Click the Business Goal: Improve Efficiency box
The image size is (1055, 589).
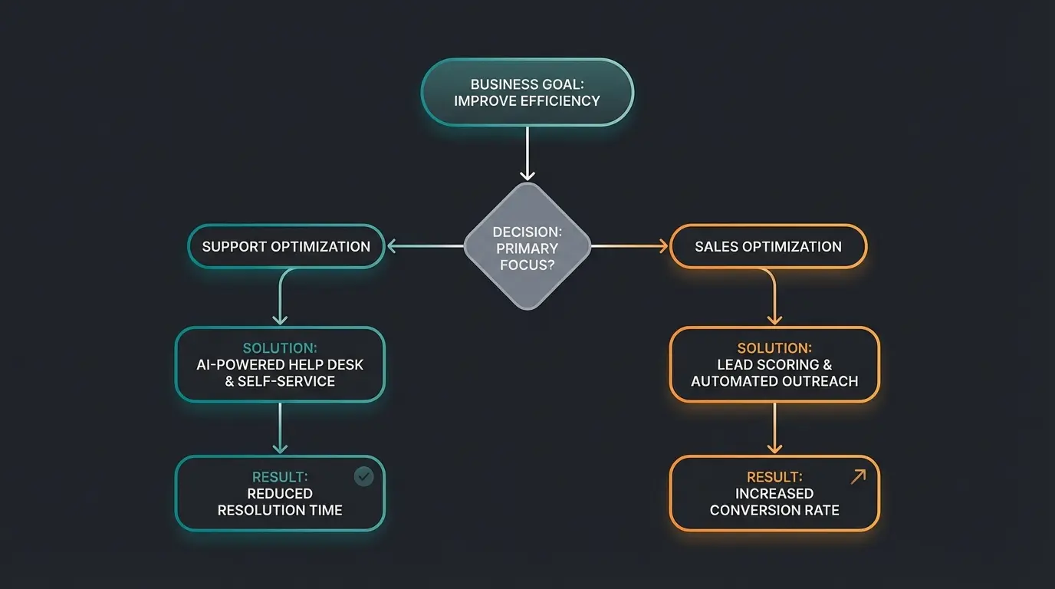[x=527, y=92]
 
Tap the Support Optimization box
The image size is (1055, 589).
[x=286, y=246]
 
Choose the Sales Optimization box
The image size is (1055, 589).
[x=768, y=246]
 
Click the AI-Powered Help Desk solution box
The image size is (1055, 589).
[x=280, y=364]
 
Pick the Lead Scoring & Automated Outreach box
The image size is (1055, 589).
[x=774, y=364]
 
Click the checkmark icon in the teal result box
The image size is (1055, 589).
[x=363, y=477]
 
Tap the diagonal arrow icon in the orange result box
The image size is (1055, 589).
[x=858, y=477]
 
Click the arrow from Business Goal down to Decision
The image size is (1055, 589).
[x=527, y=153]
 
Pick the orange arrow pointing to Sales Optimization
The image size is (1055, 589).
[x=630, y=246]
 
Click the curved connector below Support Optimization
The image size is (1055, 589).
[x=282, y=288]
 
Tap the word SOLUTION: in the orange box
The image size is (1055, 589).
[x=774, y=348]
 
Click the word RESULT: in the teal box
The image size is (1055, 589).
[x=280, y=477]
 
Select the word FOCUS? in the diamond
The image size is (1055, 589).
[x=527, y=265]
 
